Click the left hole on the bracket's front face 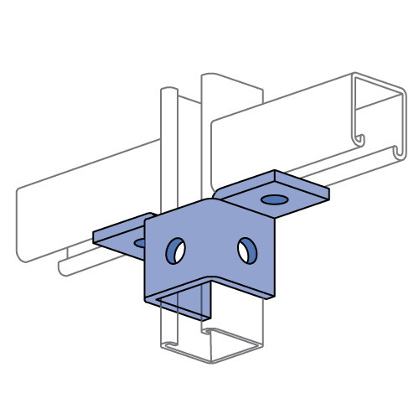pos(176,250)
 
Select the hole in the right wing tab pos(273,200)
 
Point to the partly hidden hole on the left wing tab pos(140,242)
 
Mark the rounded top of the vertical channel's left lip pos(168,87)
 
